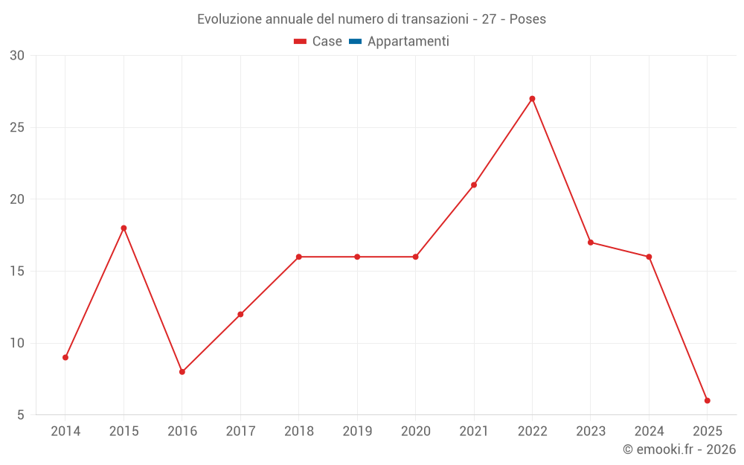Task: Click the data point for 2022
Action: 532,99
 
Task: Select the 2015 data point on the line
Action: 124,228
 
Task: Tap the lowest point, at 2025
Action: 707,400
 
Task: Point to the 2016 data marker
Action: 182,371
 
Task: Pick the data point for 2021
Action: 474,185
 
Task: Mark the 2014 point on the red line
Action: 65,357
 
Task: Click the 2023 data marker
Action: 591,243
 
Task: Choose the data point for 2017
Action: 240,314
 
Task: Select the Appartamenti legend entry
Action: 408,42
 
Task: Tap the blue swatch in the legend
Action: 355,42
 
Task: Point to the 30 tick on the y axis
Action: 17,56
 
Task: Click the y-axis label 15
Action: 17,271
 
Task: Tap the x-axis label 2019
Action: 357,432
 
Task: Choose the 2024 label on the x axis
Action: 649,432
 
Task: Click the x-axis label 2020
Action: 415,432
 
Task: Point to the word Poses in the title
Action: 527,19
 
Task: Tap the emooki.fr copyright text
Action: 679,449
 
